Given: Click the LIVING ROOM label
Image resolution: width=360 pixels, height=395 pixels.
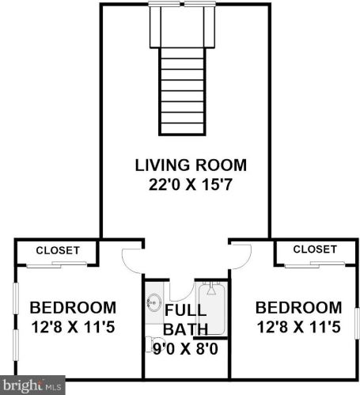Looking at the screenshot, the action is coord(191,165).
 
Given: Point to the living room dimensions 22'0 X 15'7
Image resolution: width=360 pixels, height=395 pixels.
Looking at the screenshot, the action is coord(191,184).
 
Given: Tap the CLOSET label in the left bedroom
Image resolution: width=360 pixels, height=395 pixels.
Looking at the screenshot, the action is coord(58,250).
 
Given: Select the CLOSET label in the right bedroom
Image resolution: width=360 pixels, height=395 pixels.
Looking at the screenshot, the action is coord(315,249).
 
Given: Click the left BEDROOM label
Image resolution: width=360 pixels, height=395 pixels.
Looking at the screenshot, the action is coord(73,308).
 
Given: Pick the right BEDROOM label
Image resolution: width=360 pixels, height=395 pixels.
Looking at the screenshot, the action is coord(298,308).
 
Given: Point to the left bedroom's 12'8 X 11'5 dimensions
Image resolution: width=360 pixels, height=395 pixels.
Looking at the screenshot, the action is coord(73,327).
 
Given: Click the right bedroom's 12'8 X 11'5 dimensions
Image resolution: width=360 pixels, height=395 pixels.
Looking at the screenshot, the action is coord(299,327).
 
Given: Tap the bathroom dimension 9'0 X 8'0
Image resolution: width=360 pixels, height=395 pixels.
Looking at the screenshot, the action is coord(186,349).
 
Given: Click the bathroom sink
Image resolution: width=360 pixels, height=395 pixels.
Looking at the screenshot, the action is coord(154,302).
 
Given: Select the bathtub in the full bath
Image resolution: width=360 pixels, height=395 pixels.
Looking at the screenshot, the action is coord(211,309).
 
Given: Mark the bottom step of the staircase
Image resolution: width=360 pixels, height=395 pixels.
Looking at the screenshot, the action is coord(182,128).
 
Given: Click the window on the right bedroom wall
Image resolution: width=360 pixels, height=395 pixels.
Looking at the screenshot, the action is coord(357,324).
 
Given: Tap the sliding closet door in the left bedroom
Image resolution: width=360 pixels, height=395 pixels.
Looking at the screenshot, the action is coord(57,264).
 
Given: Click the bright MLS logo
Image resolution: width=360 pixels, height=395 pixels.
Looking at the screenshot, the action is coord(32,386).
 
